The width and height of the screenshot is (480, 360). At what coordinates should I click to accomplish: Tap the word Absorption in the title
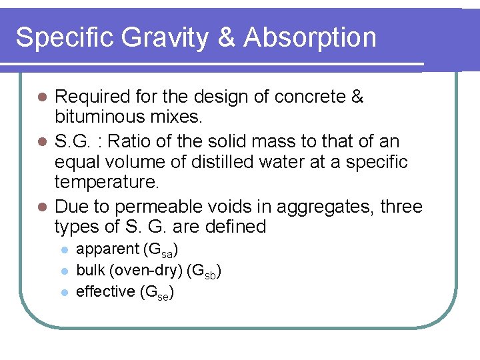coord(310,37)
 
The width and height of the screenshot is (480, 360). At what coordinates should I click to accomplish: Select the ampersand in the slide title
coord(227,37)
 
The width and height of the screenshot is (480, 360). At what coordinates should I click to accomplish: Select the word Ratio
coord(129,141)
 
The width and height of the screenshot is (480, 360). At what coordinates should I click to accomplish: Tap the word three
coord(401,206)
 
